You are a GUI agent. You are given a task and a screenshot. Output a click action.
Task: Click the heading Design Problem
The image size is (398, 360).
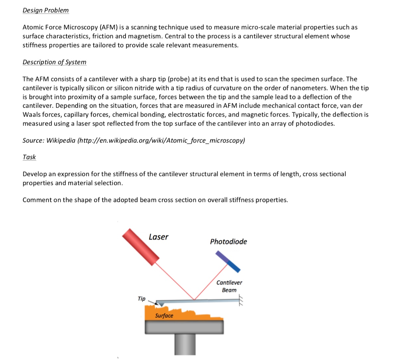coord(45,10)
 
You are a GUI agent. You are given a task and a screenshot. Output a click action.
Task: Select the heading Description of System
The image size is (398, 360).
coord(54,62)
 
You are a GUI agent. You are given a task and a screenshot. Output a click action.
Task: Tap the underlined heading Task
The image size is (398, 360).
coord(29,157)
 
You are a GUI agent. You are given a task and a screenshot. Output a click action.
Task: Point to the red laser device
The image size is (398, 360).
coord(141,246)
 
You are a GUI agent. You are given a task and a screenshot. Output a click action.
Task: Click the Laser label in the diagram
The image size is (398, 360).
coord(159,237)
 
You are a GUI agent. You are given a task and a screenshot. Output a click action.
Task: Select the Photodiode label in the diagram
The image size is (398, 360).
coord(228,242)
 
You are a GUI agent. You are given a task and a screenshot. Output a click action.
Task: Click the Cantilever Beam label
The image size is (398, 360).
coord(229,286)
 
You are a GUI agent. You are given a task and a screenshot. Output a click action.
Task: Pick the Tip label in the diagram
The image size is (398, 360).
coord(141,299)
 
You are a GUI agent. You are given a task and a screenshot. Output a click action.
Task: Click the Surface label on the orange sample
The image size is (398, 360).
coord(164,315)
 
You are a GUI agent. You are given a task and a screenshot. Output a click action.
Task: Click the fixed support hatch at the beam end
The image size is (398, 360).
coord(241,300)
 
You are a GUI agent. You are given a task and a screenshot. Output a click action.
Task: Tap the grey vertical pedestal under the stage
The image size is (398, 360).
coord(185,344)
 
